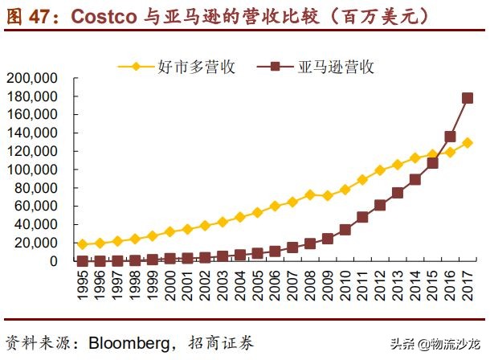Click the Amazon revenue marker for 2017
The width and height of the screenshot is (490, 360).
[x=468, y=98]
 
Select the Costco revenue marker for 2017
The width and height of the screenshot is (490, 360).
[x=468, y=143]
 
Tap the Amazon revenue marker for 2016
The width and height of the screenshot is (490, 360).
[x=450, y=137]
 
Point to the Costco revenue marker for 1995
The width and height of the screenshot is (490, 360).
[x=82, y=244]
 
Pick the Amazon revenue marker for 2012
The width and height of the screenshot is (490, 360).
[x=380, y=205]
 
